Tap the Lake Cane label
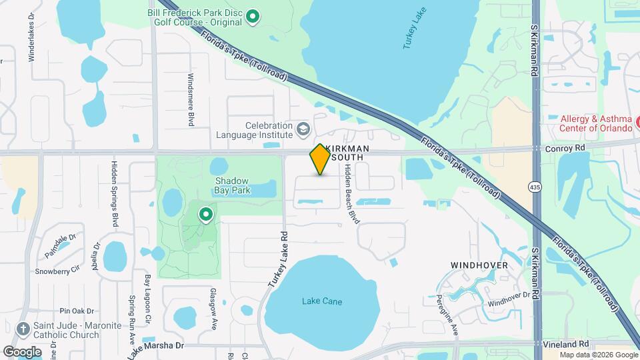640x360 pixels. pos(322,302)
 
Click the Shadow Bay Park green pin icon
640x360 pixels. pos(206,215)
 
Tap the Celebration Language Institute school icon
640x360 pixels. pos(303,128)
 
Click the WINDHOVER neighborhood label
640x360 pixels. pos(479,265)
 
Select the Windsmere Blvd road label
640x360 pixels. pos(191,100)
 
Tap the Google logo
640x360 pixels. pos(22,351)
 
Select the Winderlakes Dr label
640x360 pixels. pos(31,45)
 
